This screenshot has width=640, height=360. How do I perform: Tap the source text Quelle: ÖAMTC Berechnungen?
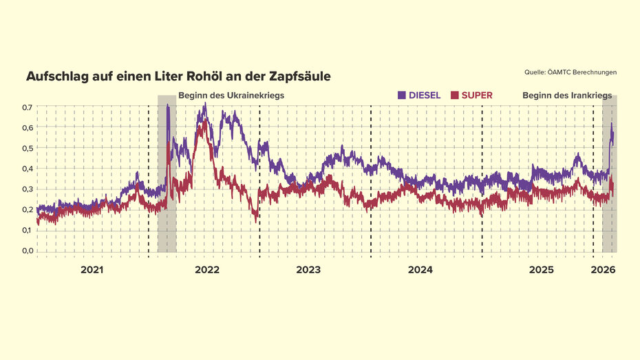tap(570, 72)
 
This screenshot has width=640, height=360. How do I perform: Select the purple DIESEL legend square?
tap(402, 95)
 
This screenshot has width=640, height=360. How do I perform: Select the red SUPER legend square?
tap(454, 95)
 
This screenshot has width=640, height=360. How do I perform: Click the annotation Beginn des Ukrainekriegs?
tap(231, 96)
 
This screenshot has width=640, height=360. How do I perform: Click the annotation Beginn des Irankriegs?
tap(567, 96)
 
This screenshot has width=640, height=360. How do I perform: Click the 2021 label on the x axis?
tap(92, 271)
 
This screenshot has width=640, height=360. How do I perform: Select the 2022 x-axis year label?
tap(206, 271)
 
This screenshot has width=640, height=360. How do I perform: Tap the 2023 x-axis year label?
tap(308, 271)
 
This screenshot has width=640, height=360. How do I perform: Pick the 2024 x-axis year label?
tap(420, 271)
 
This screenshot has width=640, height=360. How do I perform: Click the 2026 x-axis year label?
tap(603, 271)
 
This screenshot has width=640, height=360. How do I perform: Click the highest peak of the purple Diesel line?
tap(204, 104)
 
